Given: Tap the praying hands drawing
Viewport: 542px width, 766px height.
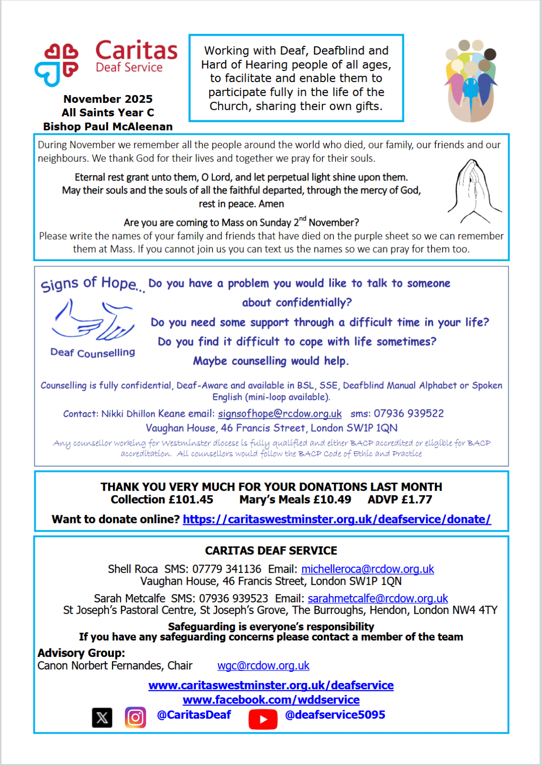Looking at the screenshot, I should [474, 192].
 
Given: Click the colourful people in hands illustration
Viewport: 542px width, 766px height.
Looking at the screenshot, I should [471, 81].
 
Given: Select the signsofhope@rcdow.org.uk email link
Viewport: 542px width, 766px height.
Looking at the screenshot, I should [279, 414].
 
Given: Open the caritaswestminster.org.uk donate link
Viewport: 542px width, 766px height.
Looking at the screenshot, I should [336, 519].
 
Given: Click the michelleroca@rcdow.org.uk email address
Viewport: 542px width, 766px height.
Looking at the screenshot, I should [367, 569].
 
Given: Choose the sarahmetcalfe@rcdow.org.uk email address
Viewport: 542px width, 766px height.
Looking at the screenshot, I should [377, 599].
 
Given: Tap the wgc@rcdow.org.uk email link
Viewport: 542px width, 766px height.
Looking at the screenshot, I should [263, 666].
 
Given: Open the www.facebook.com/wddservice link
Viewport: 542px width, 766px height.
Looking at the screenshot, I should [271, 700].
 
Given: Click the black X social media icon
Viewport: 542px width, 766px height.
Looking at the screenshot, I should [102, 718].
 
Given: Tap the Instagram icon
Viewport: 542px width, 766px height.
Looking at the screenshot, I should [136, 717].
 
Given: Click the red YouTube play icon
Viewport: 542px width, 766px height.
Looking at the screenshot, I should [263, 719].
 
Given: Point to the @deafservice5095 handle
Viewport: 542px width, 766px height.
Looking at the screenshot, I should [335, 715].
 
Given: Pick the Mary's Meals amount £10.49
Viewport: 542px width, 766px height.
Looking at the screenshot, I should [332, 499].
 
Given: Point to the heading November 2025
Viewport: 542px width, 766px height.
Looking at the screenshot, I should [108, 99].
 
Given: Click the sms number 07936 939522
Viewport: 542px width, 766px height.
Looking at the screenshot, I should [408, 413].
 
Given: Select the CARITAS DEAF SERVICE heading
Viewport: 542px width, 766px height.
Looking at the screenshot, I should [271, 551].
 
